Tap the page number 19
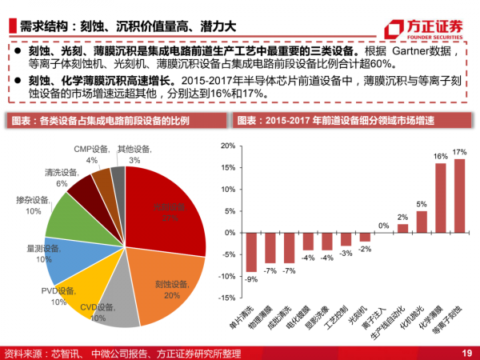click(x=466, y=353)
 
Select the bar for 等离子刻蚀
click(x=459, y=194)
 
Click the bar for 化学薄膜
click(x=441, y=197)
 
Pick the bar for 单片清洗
click(x=251, y=251)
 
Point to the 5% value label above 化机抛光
click(x=422, y=204)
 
